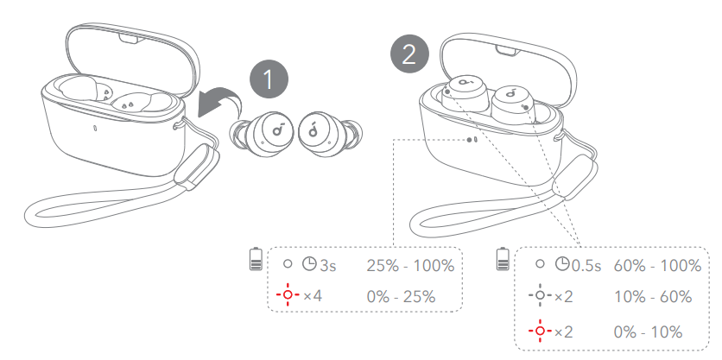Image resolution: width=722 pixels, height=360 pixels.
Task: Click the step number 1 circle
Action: (x=269, y=79)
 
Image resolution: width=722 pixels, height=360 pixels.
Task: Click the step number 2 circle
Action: (x=409, y=54)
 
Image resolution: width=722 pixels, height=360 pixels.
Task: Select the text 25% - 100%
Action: (x=410, y=266)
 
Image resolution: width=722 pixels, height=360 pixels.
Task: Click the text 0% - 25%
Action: (x=401, y=296)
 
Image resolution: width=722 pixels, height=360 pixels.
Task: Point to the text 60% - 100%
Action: (x=657, y=265)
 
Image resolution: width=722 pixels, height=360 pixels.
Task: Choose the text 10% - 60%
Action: (x=653, y=296)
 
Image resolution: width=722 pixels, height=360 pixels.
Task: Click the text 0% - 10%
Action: (x=648, y=332)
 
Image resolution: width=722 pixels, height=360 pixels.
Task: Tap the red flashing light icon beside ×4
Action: (x=288, y=294)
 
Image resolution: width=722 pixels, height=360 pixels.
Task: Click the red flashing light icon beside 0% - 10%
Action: (x=540, y=331)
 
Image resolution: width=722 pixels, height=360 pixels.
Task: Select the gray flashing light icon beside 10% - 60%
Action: (x=540, y=295)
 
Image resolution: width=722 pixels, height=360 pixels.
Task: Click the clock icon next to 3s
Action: (x=309, y=264)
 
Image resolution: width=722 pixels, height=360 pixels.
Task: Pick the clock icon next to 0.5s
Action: (x=562, y=264)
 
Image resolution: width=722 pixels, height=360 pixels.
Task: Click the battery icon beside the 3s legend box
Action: (x=256, y=259)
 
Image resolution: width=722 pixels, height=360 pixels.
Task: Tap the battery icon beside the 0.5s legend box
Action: (x=503, y=259)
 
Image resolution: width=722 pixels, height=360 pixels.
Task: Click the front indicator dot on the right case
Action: (x=469, y=140)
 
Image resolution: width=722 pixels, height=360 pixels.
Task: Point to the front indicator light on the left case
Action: (x=94, y=128)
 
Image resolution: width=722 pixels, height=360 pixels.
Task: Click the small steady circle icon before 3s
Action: (x=288, y=264)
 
